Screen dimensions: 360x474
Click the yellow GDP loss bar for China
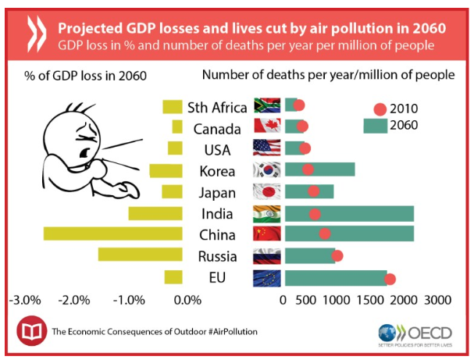click(x=112, y=233)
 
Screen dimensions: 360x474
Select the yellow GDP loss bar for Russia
click(x=140, y=255)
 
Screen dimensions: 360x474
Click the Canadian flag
click(x=267, y=127)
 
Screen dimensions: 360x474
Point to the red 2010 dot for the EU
click(x=390, y=279)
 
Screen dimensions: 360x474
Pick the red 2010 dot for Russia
click(x=337, y=255)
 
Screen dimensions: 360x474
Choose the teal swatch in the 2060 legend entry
click(x=376, y=125)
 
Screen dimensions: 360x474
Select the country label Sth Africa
click(x=217, y=107)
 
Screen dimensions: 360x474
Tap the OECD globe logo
click(x=388, y=331)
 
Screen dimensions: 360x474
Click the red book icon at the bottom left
click(x=31, y=330)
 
